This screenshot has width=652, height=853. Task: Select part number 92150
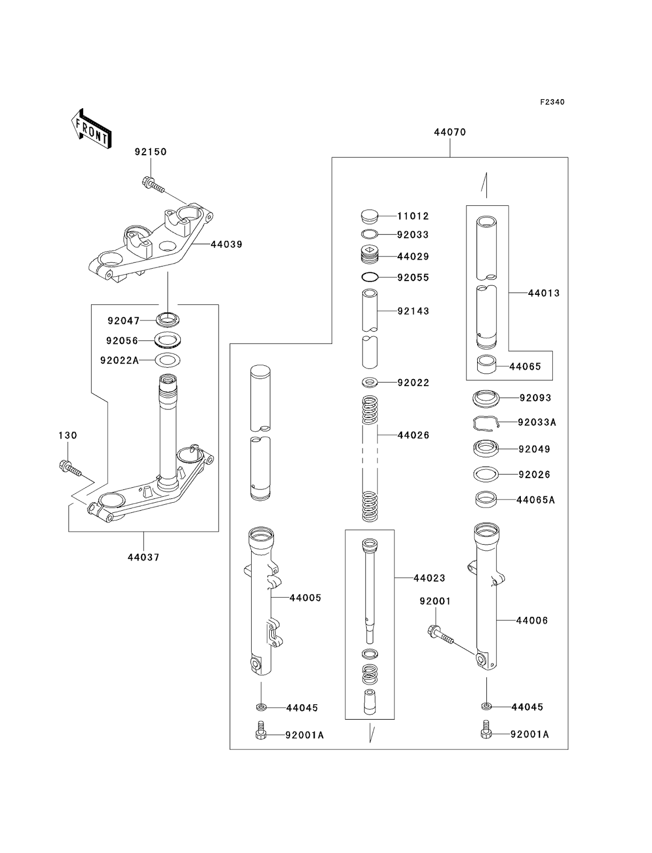coord(150,152)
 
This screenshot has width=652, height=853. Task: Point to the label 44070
coord(449,132)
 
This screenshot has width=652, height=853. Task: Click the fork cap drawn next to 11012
coord(369,216)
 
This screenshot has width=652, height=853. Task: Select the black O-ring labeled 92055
coord(370,277)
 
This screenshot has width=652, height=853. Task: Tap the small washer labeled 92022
coord(369,382)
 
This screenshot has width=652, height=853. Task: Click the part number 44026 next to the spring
coord(413,436)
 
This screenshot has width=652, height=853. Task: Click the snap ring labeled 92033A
coord(487,423)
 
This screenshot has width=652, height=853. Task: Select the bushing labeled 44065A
coord(486,500)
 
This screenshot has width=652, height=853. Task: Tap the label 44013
coord(544,293)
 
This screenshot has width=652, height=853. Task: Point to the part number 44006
coord(532,621)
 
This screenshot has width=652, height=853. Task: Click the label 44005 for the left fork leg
coord(305,598)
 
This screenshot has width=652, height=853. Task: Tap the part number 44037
coord(143,558)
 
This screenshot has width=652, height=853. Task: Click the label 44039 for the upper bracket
coord(226,245)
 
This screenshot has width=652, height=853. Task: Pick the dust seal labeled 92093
coord(486,398)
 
